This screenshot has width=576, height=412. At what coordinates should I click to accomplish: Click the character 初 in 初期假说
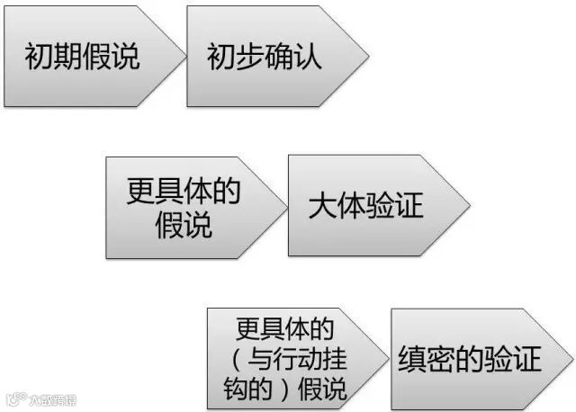click(38, 58)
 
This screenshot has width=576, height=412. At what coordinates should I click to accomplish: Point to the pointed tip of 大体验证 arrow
click(469, 205)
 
